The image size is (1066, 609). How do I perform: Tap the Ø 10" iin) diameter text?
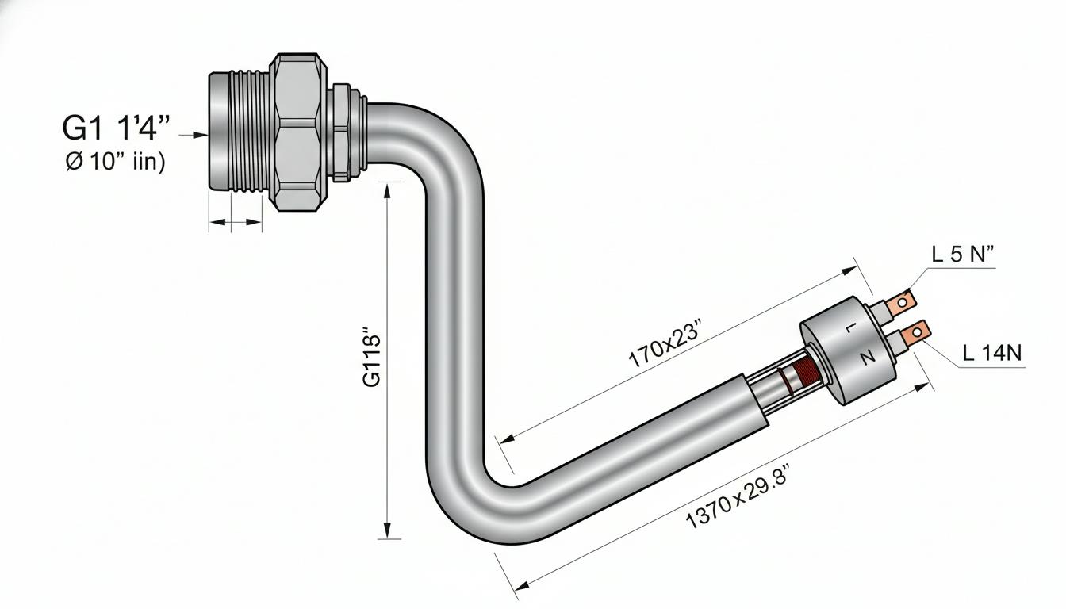click(x=115, y=162)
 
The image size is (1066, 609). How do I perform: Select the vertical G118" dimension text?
click(x=372, y=357)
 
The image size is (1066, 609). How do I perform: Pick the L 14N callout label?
click(x=992, y=353)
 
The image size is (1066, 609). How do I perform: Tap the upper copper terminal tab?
click(x=901, y=301)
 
